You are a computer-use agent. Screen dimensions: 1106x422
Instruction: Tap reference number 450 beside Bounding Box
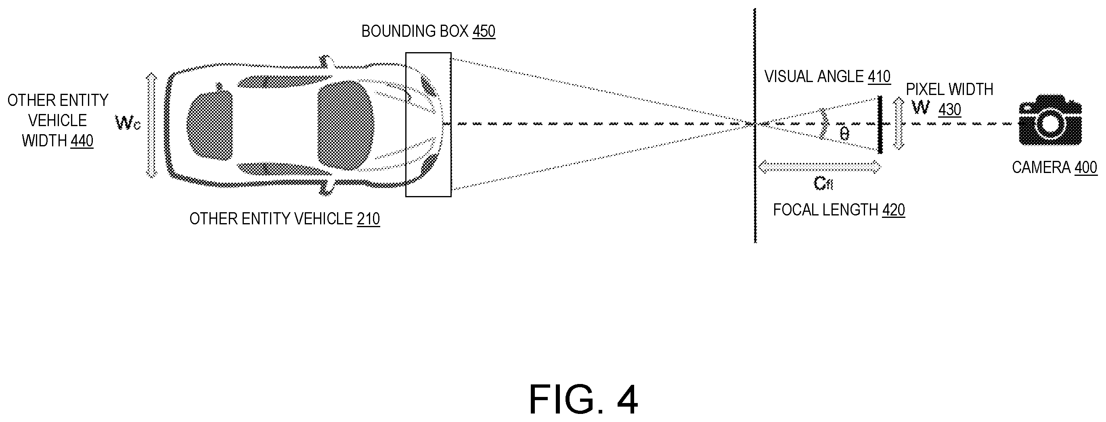pos(484,32)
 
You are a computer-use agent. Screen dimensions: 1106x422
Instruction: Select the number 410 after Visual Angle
pos(879,77)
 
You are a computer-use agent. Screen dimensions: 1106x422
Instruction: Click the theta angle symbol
pos(844,134)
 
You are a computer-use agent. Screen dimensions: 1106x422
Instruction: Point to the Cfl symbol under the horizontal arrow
pos(823,184)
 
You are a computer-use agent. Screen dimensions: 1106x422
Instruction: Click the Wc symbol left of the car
pos(128,123)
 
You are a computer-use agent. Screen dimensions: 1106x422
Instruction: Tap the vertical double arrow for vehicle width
pos(151,125)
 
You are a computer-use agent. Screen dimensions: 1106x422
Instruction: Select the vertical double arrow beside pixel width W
pos(898,124)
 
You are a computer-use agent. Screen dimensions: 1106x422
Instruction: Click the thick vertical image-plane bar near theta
pos(880,124)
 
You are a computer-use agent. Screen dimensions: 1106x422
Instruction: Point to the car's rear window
pos(209,125)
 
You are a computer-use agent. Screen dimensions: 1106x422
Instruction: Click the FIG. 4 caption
pos(584,400)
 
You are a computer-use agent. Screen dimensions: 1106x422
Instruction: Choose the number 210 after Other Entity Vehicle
pos(369,219)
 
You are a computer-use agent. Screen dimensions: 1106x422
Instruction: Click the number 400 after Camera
pos(1086,168)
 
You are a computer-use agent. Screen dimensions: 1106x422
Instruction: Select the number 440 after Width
pos(82,141)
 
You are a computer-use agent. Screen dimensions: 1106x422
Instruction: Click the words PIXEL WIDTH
pos(950,90)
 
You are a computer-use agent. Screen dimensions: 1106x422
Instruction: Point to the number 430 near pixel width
pos(950,110)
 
